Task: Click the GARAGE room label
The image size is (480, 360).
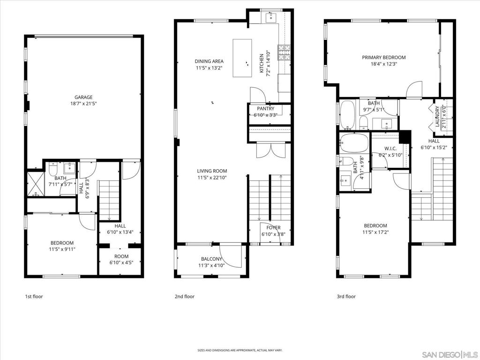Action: pos(83,97)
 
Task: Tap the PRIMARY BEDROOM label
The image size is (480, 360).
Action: pos(384,57)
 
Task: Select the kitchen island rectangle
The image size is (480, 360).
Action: pos(242,58)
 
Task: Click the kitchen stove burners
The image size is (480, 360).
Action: pos(284,52)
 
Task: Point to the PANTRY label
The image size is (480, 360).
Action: pos(266,109)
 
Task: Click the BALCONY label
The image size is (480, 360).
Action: pos(211,259)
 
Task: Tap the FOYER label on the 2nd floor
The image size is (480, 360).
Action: pos(273,228)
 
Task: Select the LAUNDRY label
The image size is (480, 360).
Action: pos(437,116)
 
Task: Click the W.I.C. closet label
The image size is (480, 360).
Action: pos(390,149)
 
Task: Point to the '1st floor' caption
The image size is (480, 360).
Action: pos(34,296)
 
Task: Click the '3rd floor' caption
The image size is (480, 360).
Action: pos(346,296)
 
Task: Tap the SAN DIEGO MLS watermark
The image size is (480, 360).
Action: pos(450,355)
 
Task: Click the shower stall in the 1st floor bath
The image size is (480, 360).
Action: pos(36,184)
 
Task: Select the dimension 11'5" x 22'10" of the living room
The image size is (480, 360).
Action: pos(212,178)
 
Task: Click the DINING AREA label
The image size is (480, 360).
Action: pos(209,61)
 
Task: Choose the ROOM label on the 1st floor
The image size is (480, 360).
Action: pos(121,256)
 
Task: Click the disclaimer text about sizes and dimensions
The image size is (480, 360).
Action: pos(240,350)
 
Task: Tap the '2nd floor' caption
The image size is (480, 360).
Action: pos(185,296)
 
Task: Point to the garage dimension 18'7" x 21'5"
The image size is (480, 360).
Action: pos(83,104)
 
